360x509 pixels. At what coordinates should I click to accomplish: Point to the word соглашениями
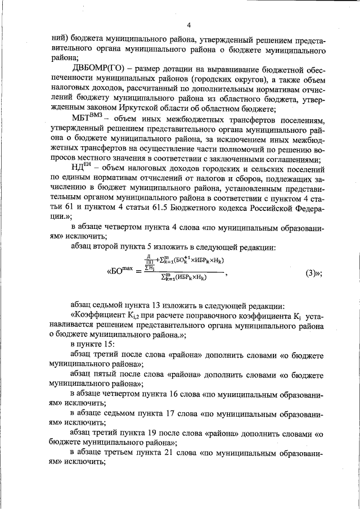[x=292, y=159]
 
